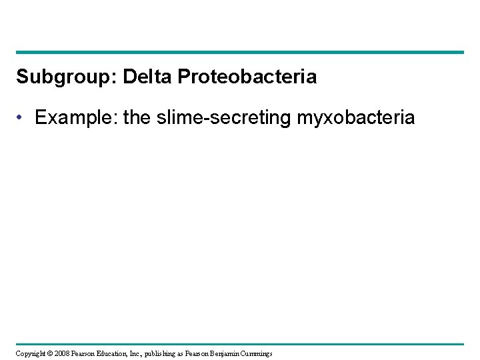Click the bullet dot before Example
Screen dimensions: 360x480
23,119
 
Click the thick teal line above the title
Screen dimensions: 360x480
240,52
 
